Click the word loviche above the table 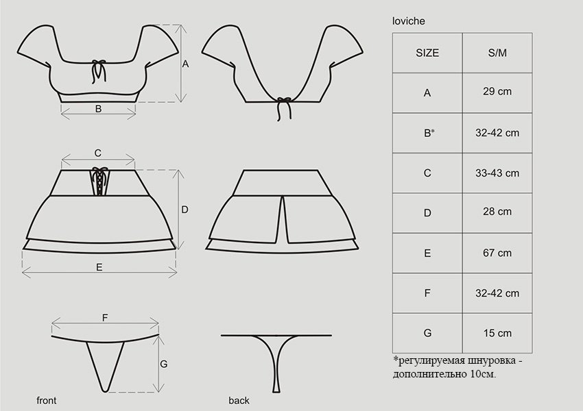click(408, 21)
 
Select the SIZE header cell click(427, 53)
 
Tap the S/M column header click(497, 53)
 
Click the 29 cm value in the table click(497, 91)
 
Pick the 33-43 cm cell click(497, 173)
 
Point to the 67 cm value click(497, 253)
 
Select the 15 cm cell click(497, 333)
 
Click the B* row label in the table click(429, 133)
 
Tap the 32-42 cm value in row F click(497, 293)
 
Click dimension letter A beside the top click(185, 64)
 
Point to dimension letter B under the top click(98, 109)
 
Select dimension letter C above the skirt click(98, 153)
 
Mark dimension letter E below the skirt click(99, 267)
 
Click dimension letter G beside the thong click(164, 364)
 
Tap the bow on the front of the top click(99, 71)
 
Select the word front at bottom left click(47, 401)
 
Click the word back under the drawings click(239, 401)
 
